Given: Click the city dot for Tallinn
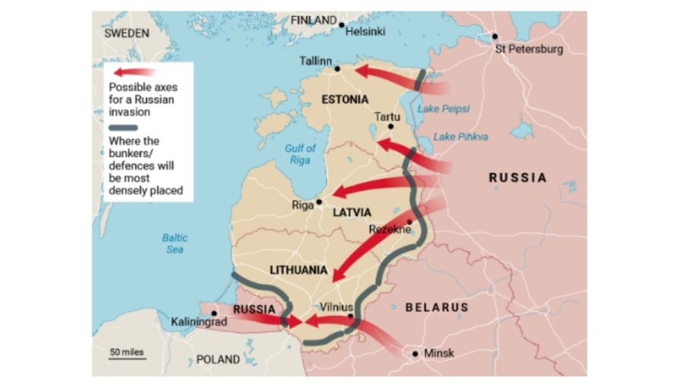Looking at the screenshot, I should [338, 68].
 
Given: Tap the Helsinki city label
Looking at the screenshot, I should [365, 32].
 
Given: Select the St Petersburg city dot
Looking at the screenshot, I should [495, 36].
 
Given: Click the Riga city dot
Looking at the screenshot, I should [319, 201].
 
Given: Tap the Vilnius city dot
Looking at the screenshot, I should [351, 316].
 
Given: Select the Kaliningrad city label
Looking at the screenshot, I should [199, 323].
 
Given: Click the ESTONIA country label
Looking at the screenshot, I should [345, 100].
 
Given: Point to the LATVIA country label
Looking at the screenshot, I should [352, 212].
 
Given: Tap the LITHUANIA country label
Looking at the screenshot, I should [299, 270].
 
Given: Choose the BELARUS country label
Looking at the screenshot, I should [437, 307].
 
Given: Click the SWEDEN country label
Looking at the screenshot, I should [126, 33].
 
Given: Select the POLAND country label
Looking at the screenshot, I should [218, 360].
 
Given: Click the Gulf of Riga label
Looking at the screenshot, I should [300, 154].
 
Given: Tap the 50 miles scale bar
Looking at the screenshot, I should [127, 356].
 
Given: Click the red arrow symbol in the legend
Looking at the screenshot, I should [134, 72].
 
